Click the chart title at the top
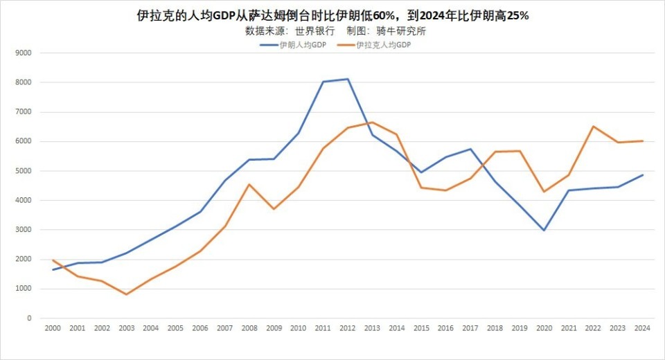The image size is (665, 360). click(x=332, y=15)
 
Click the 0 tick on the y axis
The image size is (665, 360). click(x=28, y=318)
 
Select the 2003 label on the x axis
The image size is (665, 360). click(x=126, y=329)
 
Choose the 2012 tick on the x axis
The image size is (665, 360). click(x=348, y=329)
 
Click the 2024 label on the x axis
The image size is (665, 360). click(x=643, y=329)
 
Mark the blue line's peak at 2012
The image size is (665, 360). click(x=348, y=79)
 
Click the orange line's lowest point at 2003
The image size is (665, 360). click(x=126, y=294)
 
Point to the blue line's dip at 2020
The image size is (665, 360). click(x=544, y=231)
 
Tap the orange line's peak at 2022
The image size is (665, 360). click(x=594, y=126)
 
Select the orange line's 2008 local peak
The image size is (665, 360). click(x=249, y=184)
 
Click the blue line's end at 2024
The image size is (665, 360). click(x=643, y=174)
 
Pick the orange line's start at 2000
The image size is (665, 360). click(x=53, y=260)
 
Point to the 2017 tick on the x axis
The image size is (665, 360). click(x=471, y=329)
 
